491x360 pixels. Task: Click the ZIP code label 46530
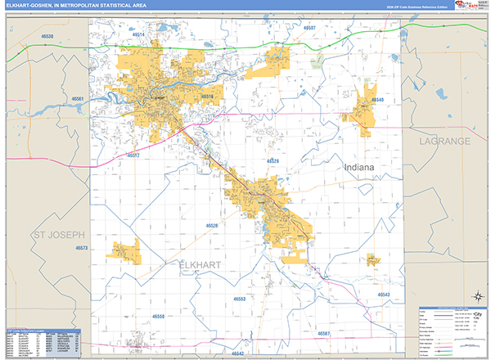coord(47,37)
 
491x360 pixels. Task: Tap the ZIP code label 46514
coord(137,35)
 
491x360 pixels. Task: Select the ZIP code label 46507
coord(309,28)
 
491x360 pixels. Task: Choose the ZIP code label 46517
coord(133,155)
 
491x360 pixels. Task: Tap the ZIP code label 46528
coord(273,161)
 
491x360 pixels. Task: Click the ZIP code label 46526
coord(213,225)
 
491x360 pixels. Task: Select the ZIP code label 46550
coord(158,316)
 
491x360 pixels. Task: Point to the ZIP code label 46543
coord(384,295)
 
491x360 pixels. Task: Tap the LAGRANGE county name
coord(446,141)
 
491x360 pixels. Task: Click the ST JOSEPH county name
coord(58,235)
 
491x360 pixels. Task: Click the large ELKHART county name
coord(201,264)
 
